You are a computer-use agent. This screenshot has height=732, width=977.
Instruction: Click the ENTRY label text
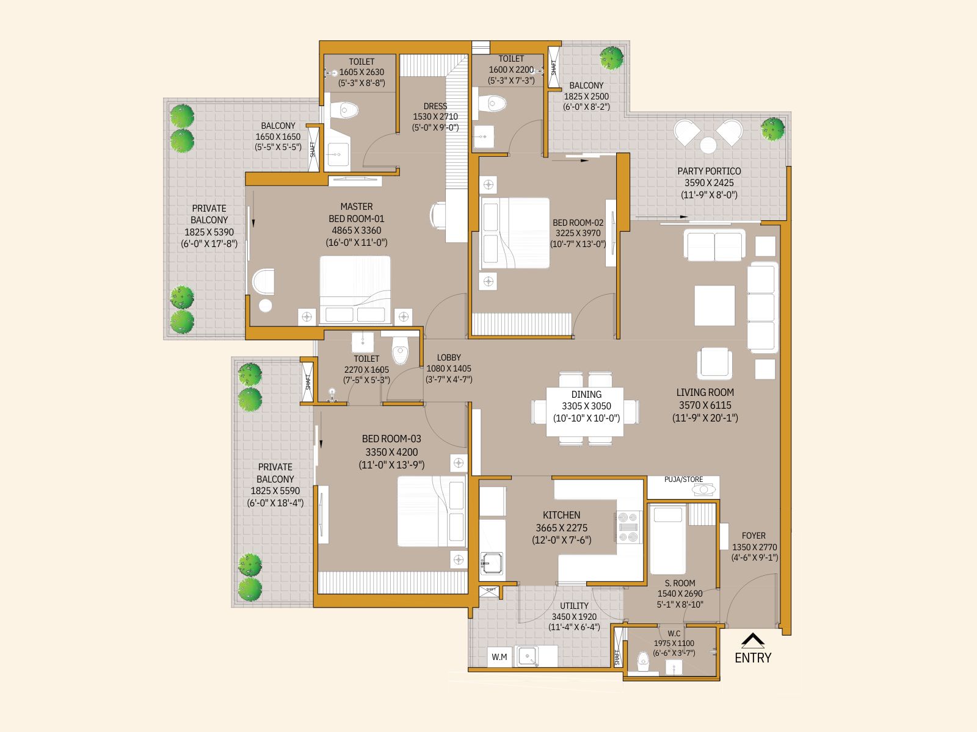tap(752, 658)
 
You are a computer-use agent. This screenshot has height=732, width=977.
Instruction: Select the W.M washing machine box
tap(499, 657)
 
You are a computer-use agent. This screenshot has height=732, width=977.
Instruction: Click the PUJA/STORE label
tap(683, 479)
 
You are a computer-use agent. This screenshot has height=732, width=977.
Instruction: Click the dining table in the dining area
tap(585, 412)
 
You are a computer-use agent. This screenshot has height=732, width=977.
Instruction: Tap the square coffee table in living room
tap(714, 306)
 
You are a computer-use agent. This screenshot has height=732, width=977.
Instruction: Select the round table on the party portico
tap(708, 145)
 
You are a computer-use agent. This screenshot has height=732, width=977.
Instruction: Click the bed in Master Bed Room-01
tap(355, 289)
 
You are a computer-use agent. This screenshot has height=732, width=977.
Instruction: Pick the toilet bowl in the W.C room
tap(642, 661)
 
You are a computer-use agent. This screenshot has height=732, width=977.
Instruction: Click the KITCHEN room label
tap(561, 515)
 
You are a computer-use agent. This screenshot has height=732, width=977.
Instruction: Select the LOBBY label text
tap(449, 357)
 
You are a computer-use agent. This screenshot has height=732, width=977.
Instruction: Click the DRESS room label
tap(435, 106)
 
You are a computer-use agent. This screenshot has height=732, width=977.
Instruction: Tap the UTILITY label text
tap(574, 606)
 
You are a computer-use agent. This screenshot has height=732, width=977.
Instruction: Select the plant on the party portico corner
tap(772, 129)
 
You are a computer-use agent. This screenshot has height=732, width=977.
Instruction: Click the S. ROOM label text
tap(680, 583)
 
